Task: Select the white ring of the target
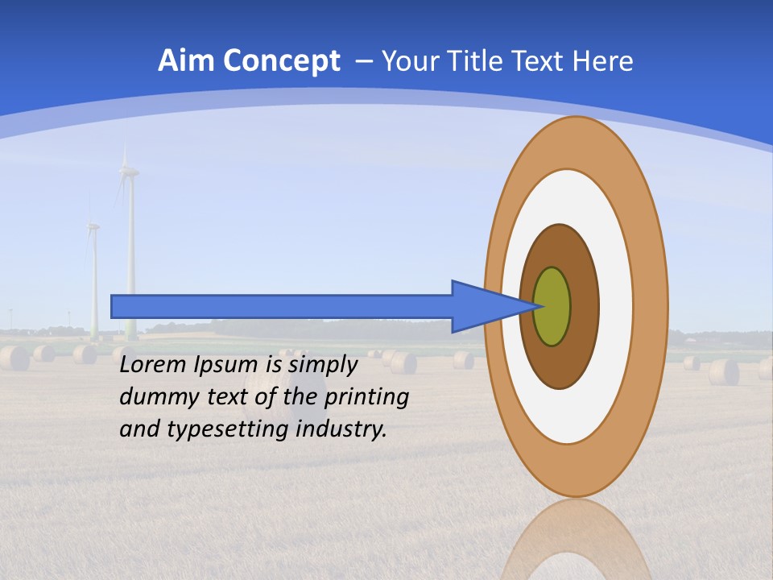click(x=616, y=306)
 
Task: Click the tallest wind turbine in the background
click(x=129, y=242)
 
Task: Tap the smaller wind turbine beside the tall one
click(x=93, y=274)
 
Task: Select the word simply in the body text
click(x=322, y=366)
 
